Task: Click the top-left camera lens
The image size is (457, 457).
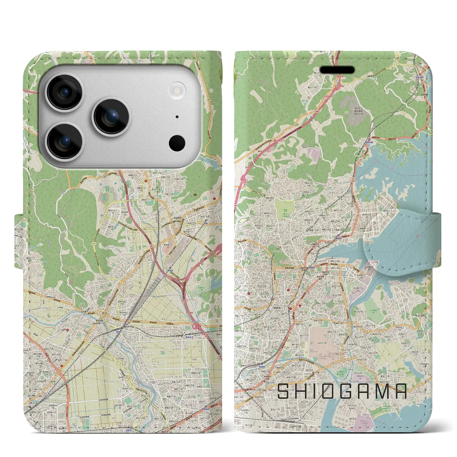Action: tap(65, 92)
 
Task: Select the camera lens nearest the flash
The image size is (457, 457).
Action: tap(111, 117)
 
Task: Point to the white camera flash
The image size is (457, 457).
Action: tap(177, 89)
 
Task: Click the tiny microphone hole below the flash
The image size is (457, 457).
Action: tap(177, 117)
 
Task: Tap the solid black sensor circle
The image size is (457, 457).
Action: tap(177, 143)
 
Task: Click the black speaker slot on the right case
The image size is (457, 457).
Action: tap(339, 70)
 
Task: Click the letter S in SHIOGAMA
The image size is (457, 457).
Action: tap(284, 391)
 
